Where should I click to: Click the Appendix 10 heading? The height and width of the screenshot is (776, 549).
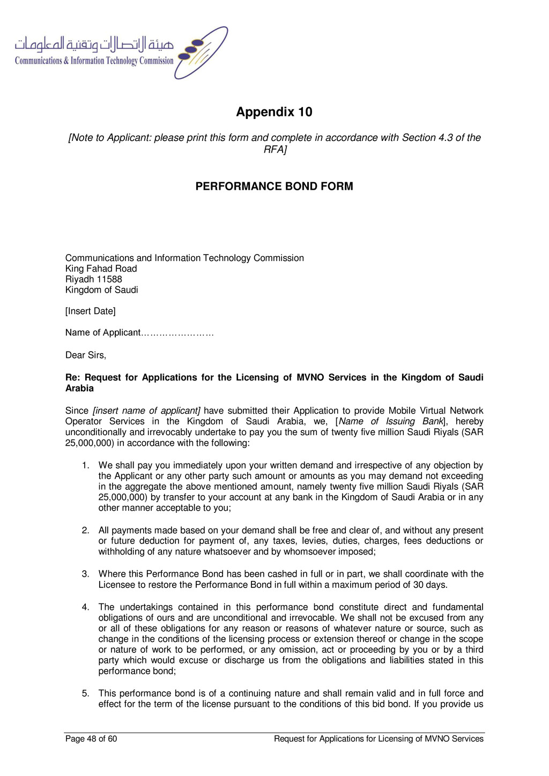(x=274, y=112)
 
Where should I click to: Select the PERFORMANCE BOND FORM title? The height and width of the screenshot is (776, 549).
(x=274, y=186)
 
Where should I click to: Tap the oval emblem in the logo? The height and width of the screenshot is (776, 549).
(x=202, y=53)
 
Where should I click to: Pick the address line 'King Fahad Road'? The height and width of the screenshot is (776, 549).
(x=101, y=268)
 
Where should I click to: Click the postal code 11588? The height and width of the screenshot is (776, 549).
(x=109, y=279)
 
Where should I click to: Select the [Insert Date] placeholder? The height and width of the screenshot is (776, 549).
(x=90, y=311)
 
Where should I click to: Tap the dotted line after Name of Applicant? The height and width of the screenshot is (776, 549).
(x=177, y=333)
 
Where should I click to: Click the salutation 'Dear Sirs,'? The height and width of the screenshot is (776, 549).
(x=86, y=355)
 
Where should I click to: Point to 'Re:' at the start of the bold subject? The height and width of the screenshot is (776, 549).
(x=72, y=377)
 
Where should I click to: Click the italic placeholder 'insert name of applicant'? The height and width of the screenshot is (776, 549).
(x=147, y=411)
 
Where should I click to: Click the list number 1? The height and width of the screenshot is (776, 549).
(x=85, y=465)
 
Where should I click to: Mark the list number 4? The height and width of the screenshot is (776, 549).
(x=85, y=607)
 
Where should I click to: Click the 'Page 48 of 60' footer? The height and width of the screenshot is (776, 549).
(x=91, y=739)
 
